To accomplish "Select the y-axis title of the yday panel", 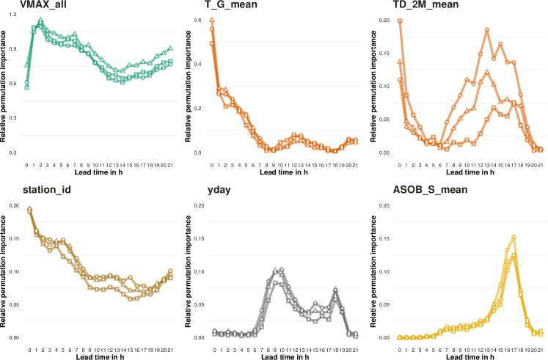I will [189, 271].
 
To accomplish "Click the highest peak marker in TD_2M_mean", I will [486, 29].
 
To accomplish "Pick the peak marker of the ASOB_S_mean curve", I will [514, 237].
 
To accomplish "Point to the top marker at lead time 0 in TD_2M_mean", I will [400, 21].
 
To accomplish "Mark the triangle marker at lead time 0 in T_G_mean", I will [212, 19].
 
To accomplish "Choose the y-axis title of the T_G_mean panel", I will [189, 87].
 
